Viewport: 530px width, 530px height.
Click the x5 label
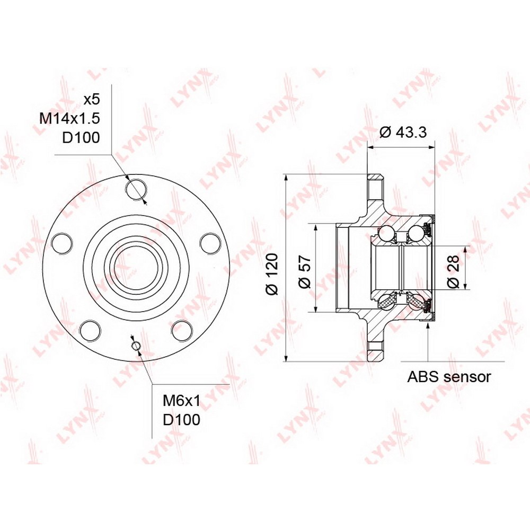[92, 100]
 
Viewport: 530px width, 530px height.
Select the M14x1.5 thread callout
[69, 118]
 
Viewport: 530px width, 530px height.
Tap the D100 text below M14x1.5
[81, 138]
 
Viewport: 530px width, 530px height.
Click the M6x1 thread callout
[181, 401]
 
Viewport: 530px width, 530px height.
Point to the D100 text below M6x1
[181, 420]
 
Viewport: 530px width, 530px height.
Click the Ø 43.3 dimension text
[403, 132]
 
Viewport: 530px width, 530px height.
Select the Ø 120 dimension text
[272, 274]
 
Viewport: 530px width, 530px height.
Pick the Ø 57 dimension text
[305, 271]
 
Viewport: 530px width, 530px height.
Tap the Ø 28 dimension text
[454, 271]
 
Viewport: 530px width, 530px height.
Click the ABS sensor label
[448, 376]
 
